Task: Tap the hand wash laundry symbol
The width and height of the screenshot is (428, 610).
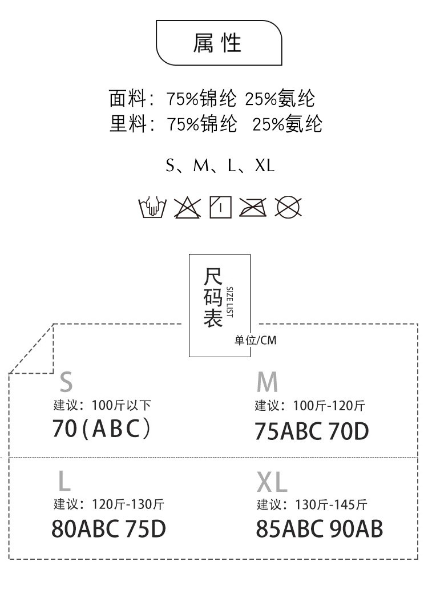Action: pos(152,207)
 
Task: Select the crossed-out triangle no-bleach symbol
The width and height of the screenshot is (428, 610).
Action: pos(187,207)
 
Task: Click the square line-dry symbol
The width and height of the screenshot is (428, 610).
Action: pos(221,207)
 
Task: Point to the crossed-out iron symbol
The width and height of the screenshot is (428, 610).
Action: pos(253,207)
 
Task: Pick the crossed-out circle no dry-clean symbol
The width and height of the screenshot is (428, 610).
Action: pos(288,207)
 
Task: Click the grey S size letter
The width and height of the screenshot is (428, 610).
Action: pos(66,382)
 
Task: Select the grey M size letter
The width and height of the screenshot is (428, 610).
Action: pos(267,382)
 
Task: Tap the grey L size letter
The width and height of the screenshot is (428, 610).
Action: pos(64,481)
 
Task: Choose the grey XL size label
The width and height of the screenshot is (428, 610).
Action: pos(272,482)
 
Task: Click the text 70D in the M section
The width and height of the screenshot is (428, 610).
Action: pos(348,431)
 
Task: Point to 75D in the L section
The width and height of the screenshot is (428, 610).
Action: pos(146,529)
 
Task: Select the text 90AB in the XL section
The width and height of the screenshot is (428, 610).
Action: pos(356,529)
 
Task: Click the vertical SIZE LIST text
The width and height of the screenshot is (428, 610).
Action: pos(229,302)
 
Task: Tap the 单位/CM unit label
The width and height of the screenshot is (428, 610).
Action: pos(255,341)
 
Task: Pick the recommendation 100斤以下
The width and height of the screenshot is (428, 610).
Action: pos(121,405)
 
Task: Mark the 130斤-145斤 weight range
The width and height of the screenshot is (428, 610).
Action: pos(331,504)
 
